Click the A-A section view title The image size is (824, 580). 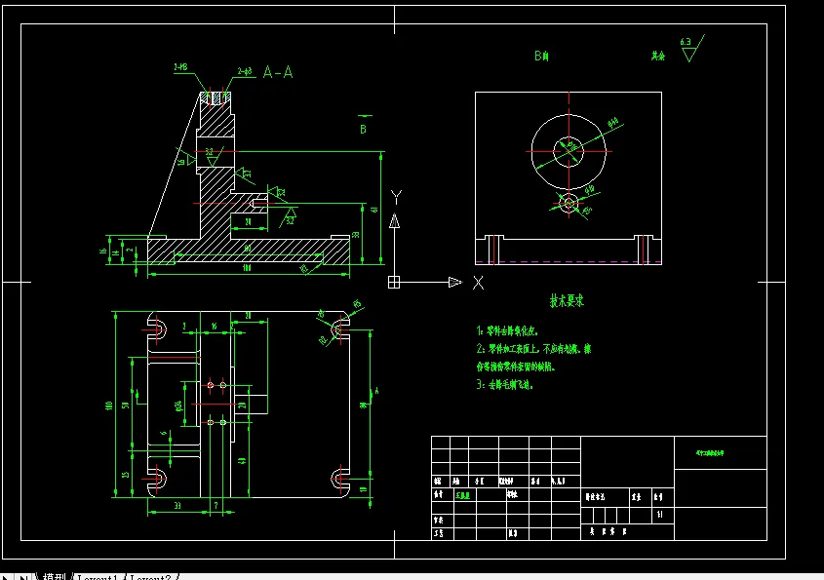point(278,72)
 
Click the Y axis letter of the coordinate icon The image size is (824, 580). point(395,196)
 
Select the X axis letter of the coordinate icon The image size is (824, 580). point(478,283)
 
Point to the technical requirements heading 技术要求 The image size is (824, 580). point(567,301)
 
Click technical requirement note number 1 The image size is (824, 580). point(479,331)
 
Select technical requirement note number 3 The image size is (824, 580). point(479,384)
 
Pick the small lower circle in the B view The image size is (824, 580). point(570,204)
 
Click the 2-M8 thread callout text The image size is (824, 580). point(181,67)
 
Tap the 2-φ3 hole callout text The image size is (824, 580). point(244,71)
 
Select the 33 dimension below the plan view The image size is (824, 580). point(177,506)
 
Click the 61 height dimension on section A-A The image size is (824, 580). point(375,208)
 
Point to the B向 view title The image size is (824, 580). point(541,57)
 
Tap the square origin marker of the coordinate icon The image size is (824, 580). point(394,283)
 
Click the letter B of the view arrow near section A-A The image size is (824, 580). point(363,128)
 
